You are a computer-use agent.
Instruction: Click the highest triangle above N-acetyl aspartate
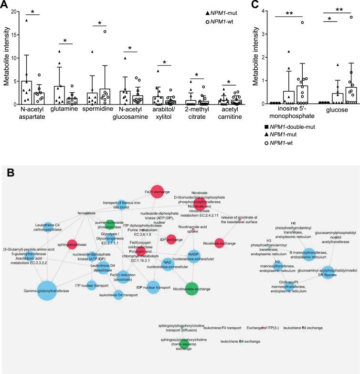coord(27,20)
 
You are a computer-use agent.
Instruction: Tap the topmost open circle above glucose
coord(351,17)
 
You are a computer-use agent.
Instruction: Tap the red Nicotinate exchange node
coord(219,243)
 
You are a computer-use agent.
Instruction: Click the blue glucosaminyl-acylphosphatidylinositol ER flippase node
coord(328,272)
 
